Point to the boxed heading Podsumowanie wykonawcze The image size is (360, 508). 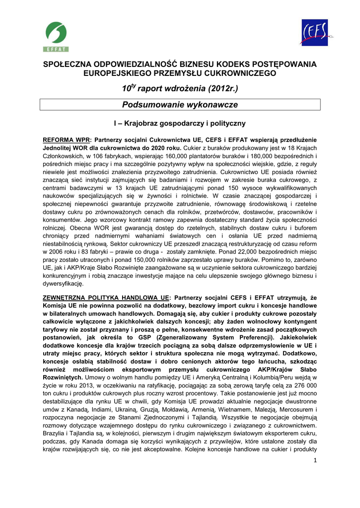(180, 105)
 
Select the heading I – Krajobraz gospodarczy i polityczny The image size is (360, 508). (180, 123)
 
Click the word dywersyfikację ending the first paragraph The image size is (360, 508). (64, 284)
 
